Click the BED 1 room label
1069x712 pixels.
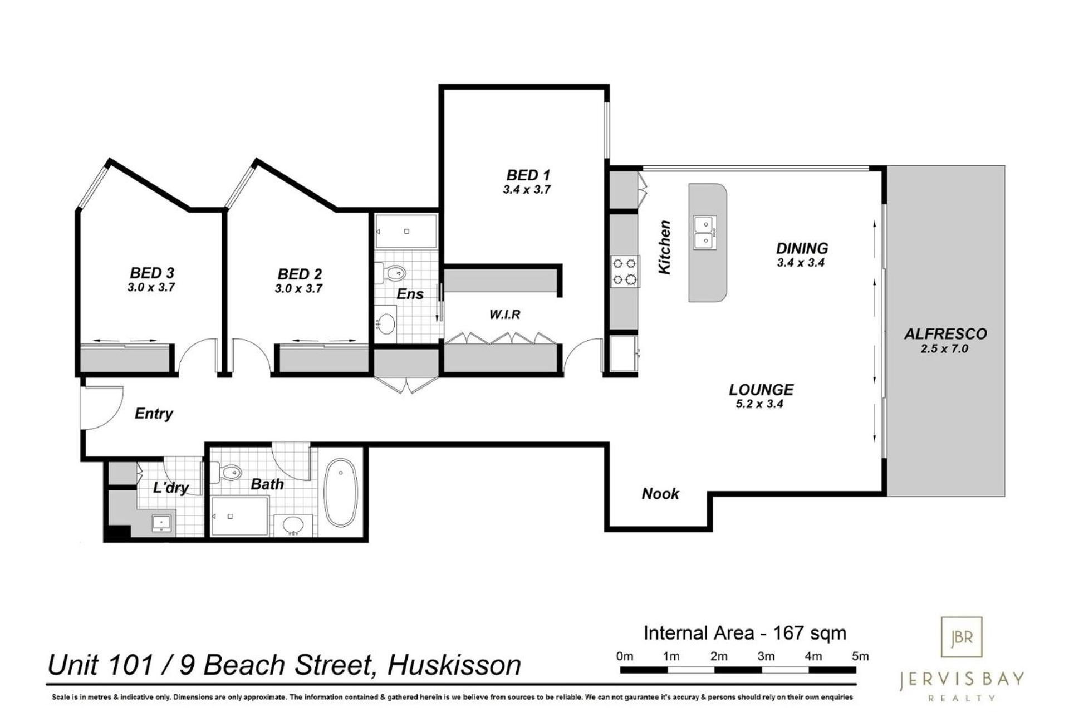527,175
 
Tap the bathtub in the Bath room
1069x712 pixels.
340,492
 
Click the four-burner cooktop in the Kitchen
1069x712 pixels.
625,271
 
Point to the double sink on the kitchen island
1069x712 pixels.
705,233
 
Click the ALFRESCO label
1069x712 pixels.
945,334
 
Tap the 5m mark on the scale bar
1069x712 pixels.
860,656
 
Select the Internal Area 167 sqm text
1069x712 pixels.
744,633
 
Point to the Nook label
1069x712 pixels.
660,494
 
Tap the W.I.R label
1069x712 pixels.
504,315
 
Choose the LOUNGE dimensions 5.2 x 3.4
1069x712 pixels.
759,404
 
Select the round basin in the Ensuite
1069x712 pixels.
386,323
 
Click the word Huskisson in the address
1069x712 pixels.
454,665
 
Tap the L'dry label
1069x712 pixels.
171,488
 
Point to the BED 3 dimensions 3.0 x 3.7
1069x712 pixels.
151,288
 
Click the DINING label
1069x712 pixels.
802,248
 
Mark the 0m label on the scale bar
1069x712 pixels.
625,656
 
